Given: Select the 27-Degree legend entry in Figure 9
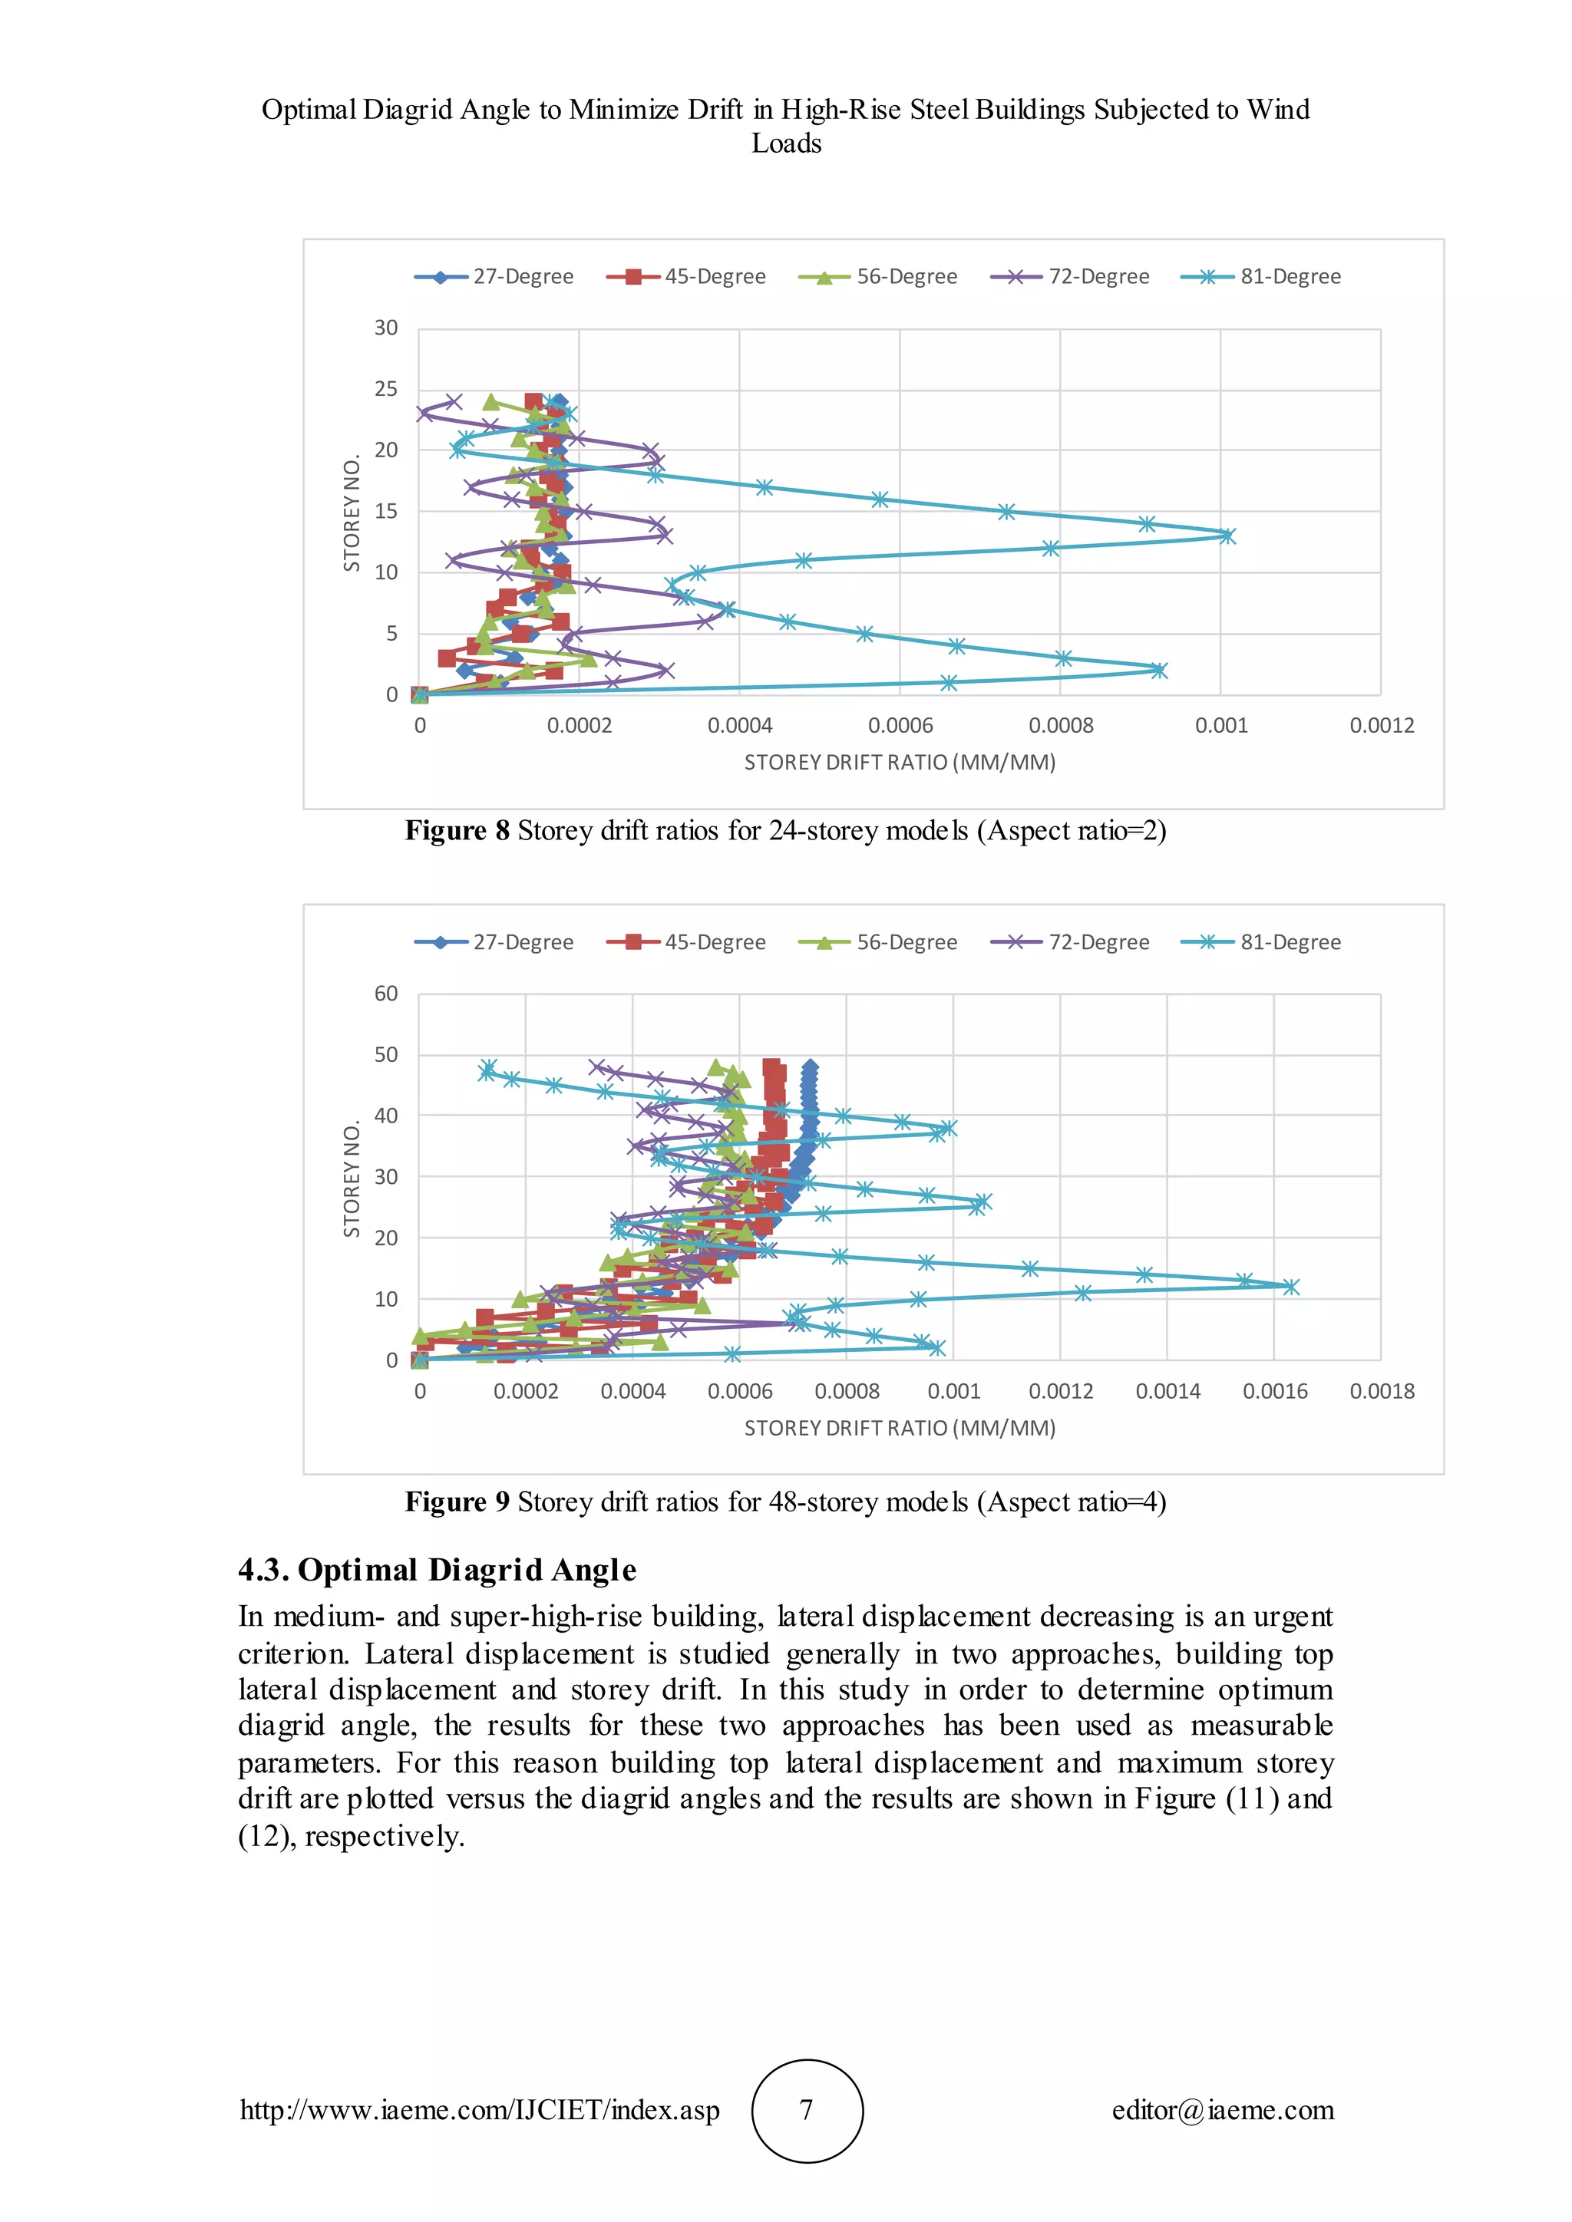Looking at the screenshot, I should tap(494, 943).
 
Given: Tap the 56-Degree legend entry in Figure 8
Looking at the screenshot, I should tap(879, 277).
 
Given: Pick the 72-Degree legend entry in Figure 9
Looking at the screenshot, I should tap(1072, 943).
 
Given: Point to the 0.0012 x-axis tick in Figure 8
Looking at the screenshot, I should tap(1382, 726).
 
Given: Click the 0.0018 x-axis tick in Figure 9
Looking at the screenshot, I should tap(1382, 1392).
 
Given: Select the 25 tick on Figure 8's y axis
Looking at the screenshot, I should tap(386, 389).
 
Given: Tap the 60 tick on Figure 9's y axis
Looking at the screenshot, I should tap(386, 994).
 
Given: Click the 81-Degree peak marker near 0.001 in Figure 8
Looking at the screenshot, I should tap(1227, 536).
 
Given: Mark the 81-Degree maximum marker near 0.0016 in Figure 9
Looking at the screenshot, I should tap(1290, 1286).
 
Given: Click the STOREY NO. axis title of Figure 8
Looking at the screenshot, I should tap(352, 514).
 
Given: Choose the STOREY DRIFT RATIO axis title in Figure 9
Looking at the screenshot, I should tap(900, 1429).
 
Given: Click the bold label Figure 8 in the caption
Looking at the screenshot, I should tap(457, 831).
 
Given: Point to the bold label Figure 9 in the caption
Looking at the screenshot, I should tap(457, 1502).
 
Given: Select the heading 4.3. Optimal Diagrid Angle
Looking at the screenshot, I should tap(437, 1570).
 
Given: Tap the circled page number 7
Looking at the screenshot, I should tap(806, 2111).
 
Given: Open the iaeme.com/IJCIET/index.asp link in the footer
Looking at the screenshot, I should tap(480, 2111).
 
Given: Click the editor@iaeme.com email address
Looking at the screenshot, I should tap(1223, 2111).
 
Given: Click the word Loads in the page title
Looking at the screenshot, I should tap(786, 143).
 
